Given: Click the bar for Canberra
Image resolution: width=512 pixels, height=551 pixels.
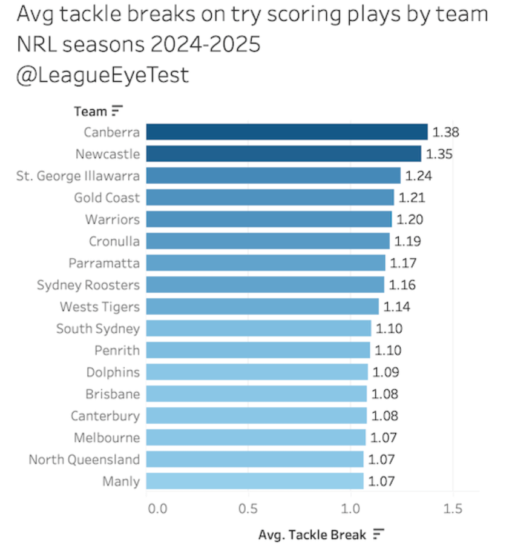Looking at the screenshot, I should coord(287,132).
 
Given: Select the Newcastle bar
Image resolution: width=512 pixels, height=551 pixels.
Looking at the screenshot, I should coord(283,154).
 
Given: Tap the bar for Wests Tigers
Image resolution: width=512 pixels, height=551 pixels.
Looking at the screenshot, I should coord(262,307).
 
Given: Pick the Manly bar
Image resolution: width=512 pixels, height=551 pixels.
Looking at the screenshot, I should coord(255,481).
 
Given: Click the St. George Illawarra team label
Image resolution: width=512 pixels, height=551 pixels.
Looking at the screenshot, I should coord(78,176).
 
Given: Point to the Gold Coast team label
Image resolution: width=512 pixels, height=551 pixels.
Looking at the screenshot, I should coord(107,198).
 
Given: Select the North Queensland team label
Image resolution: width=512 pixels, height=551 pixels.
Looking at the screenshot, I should coord(84,459).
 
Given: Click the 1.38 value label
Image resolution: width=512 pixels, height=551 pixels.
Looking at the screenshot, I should coord(446,132).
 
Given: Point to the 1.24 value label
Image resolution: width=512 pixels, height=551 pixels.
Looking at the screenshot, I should coord(419,176).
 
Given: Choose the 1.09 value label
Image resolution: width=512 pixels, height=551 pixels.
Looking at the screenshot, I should coord(386,372).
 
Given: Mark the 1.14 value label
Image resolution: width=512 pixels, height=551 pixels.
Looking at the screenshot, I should coord(397,307).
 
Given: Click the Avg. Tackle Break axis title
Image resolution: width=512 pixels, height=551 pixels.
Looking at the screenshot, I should coord(312,535).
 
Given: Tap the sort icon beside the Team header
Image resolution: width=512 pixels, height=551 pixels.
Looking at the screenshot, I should coord(117,112).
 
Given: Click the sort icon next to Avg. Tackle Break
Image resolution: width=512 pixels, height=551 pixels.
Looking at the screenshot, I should coord(379,534).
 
